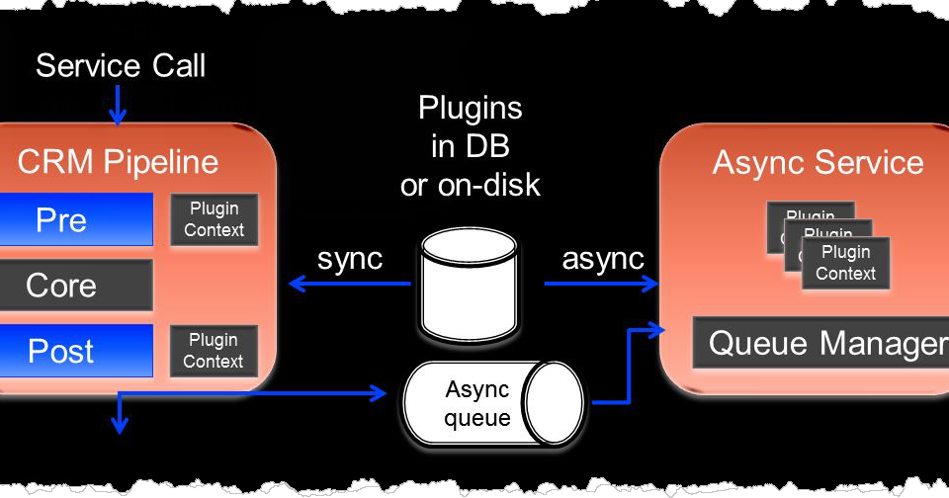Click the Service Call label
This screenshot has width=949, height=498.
coord(121,66)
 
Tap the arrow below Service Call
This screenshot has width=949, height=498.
coord(118,106)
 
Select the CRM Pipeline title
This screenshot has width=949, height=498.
coord(118,162)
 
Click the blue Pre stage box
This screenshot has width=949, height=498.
coord(76,219)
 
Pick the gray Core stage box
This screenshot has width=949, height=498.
coord(76,286)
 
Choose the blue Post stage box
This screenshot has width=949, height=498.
coord(76,351)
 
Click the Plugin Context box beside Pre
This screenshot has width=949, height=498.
coord(214,219)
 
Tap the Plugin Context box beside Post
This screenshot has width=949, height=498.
coord(214,351)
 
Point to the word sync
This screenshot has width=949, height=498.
coord(349,259)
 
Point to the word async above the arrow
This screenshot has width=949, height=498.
coord(603,259)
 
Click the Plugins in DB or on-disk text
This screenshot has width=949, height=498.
coord(470,145)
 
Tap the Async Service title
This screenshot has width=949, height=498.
coord(818,163)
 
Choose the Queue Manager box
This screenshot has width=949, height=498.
coord(826,343)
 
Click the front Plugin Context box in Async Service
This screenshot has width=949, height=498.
coord(845,263)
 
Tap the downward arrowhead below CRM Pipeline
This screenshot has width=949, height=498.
coord(119,426)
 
